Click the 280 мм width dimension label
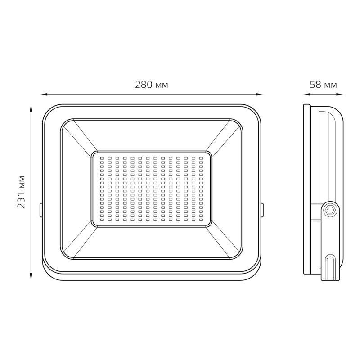(x=151, y=85)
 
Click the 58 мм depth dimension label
(x=323, y=85)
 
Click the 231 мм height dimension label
(x=21, y=192)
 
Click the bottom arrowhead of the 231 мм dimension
(x=31, y=276)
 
